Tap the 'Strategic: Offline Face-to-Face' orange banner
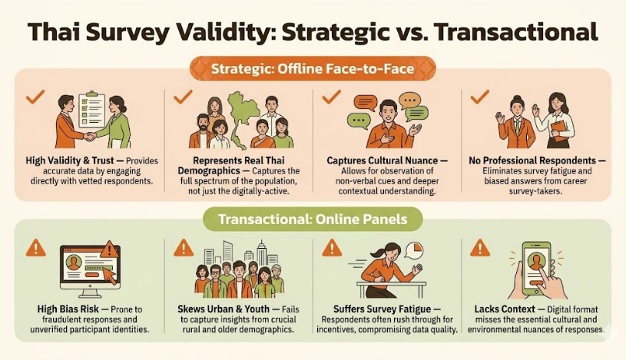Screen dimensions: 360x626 [x=313, y=69]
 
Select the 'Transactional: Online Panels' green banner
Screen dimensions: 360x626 [x=313, y=220]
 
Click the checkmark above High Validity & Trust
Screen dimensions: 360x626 [x=35, y=97]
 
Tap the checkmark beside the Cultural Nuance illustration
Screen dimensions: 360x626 [x=331, y=97]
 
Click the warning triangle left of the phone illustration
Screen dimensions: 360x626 [x=480, y=247]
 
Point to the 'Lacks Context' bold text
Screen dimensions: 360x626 [x=501, y=309]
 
